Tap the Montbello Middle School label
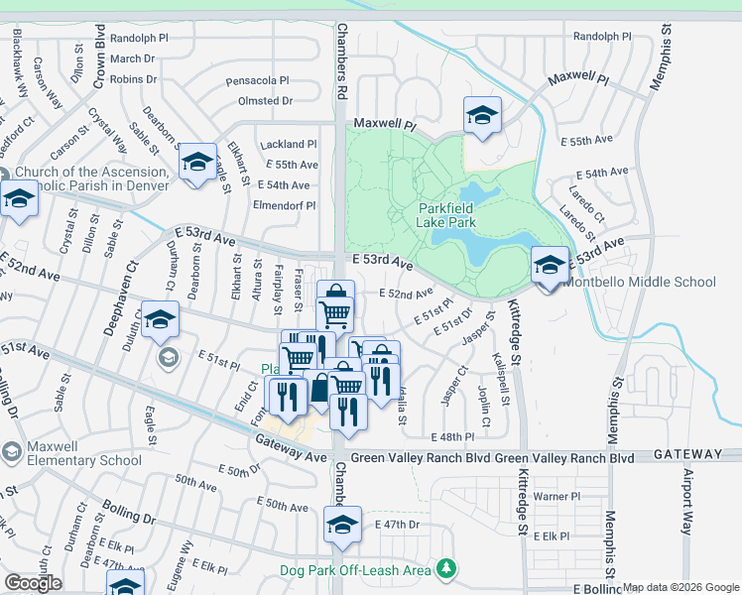coord(639,282)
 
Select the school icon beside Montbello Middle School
coord(550,265)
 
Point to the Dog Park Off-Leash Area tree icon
coord(448,568)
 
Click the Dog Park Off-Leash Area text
coord(354,569)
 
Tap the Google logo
coord(32,583)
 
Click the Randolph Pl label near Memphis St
coord(602,36)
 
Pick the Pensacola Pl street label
coord(257,80)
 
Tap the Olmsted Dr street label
coord(265,101)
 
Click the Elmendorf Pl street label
coord(284,206)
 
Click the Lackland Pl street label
coord(287,144)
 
